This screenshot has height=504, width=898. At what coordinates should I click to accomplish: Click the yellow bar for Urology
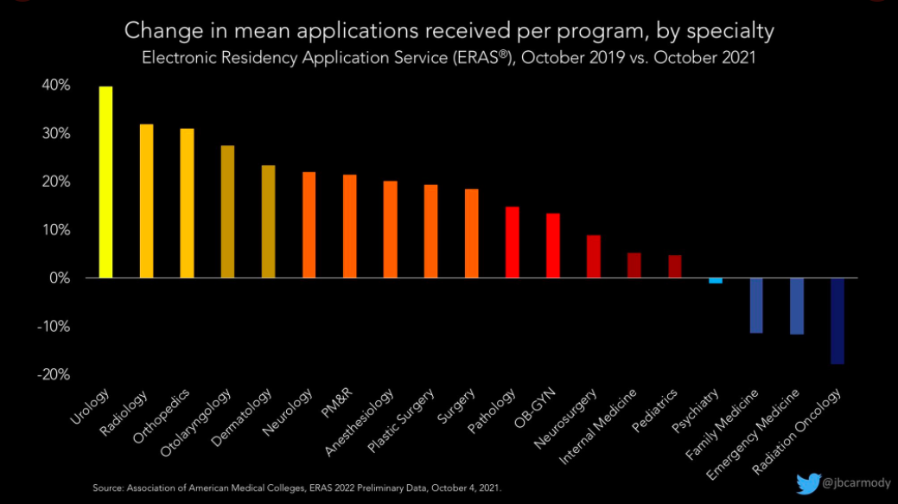[105, 182]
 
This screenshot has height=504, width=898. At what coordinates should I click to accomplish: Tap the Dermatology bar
[268, 221]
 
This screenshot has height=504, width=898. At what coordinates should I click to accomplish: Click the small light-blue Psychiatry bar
[715, 281]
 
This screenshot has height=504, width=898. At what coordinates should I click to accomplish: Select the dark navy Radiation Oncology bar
[837, 321]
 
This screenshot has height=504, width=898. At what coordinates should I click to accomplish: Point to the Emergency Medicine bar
[796, 306]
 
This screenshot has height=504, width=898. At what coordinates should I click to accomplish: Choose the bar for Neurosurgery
[593, 256]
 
